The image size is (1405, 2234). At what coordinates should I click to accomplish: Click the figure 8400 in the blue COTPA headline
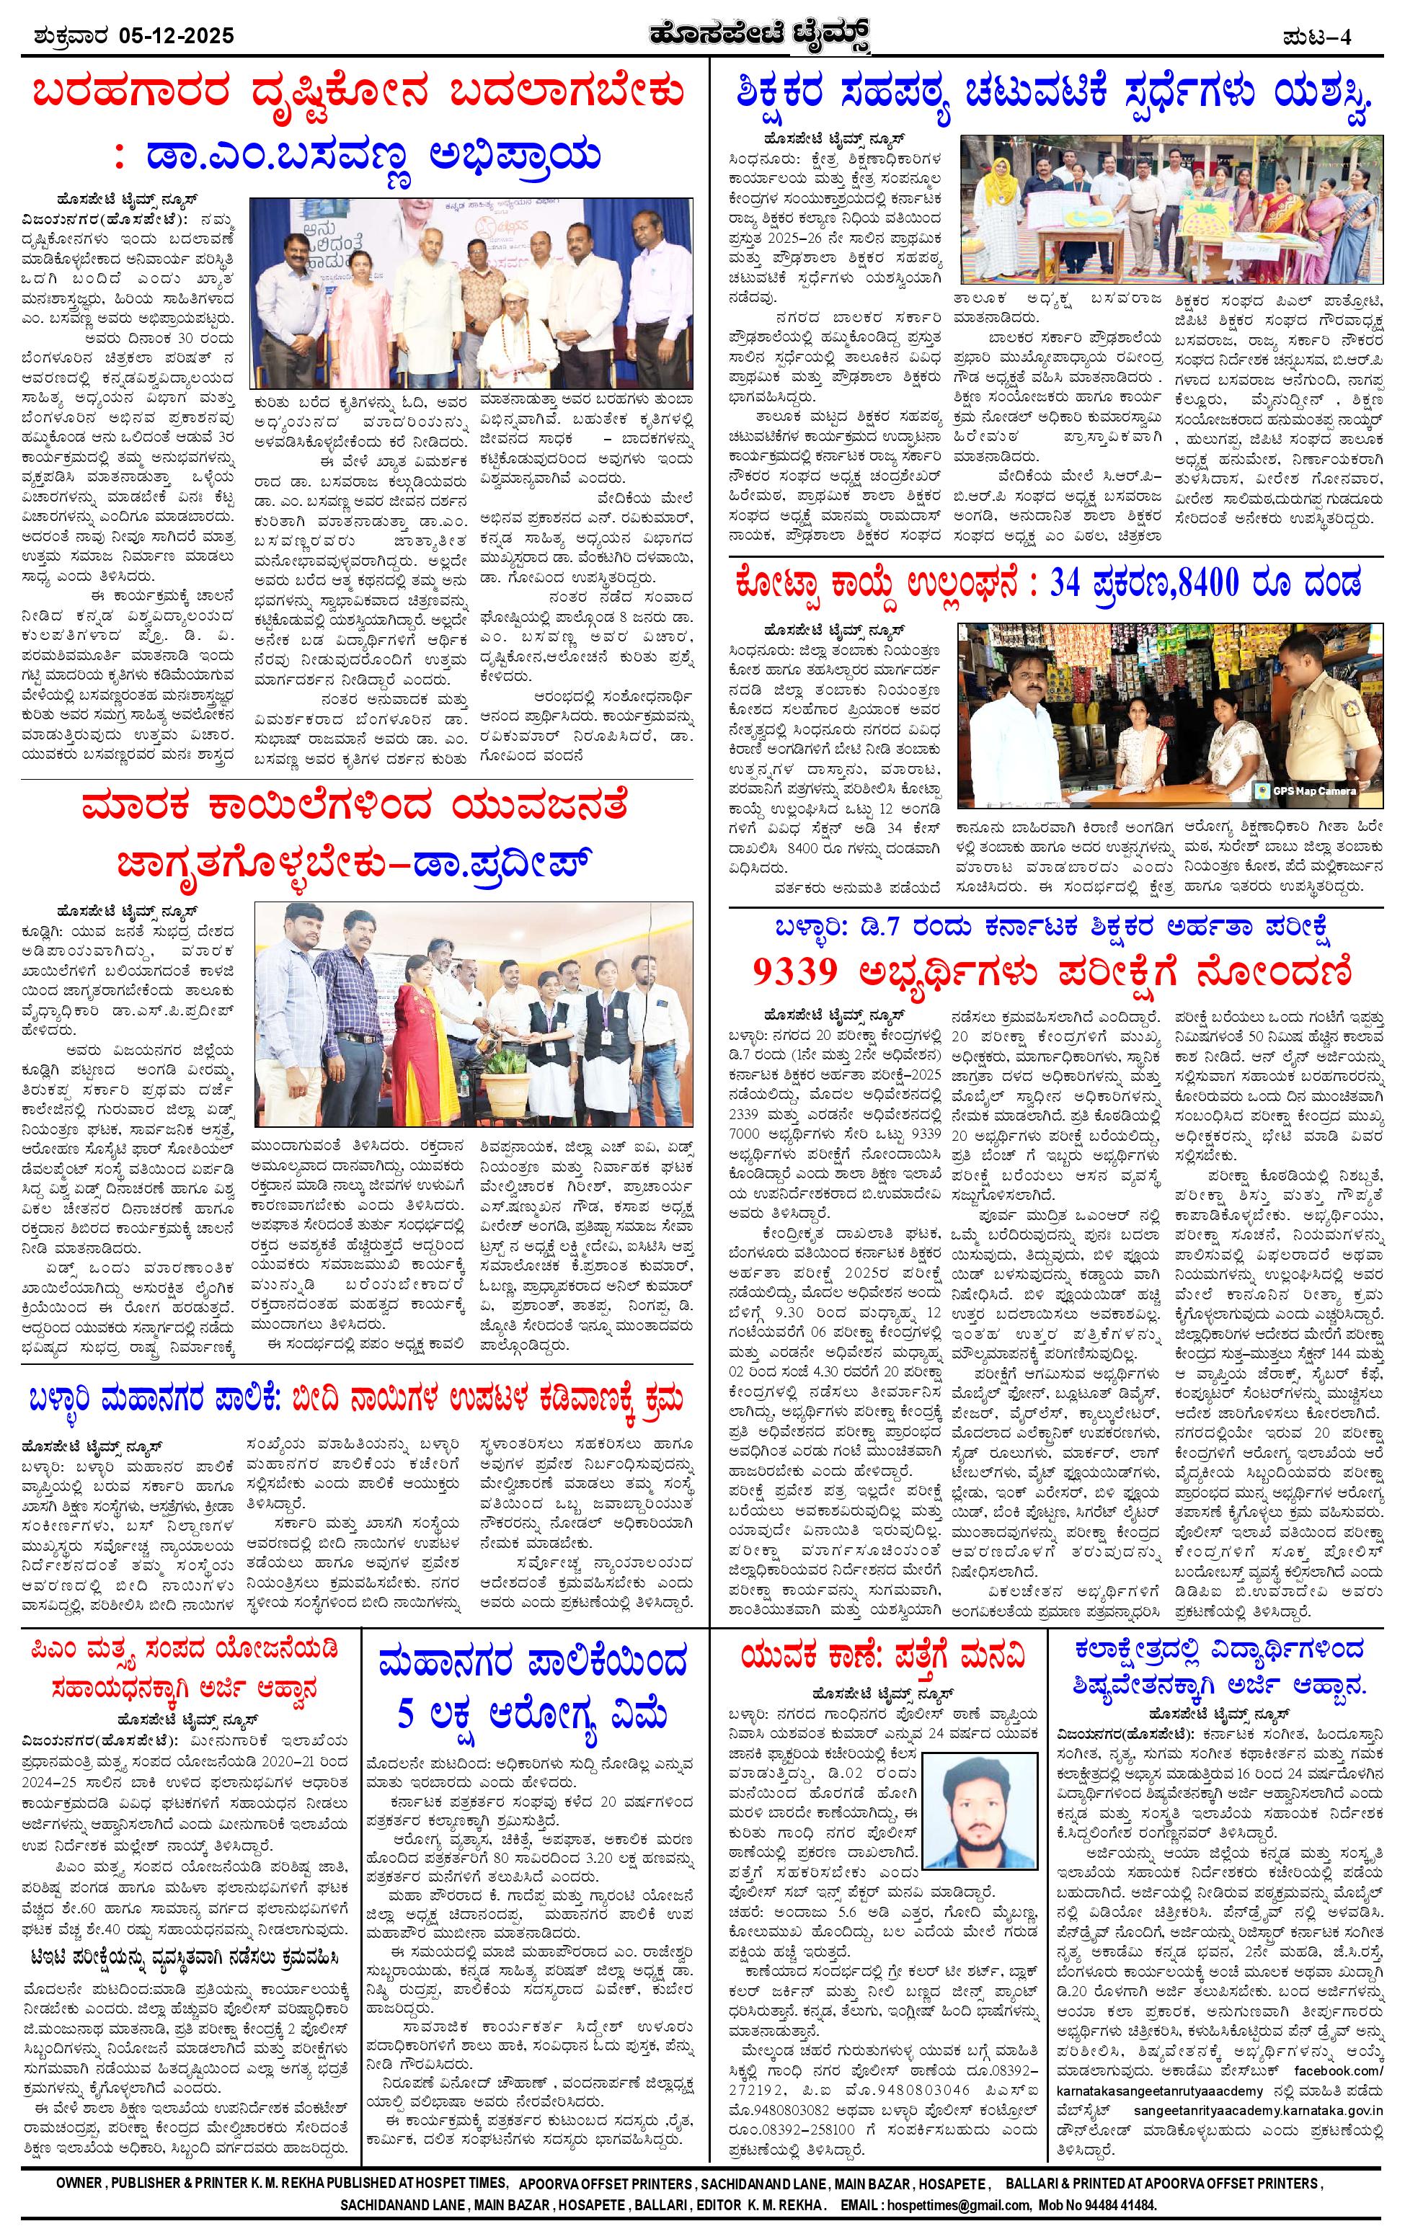tap(1192, 584)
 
